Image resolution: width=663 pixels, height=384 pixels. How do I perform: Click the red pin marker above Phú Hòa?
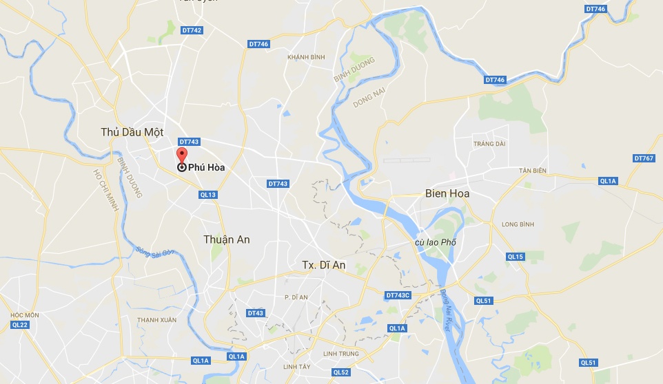(x=182, y=154)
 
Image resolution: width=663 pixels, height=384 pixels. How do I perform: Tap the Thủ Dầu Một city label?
(x=132, y=132)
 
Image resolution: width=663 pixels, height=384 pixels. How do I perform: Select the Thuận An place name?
(x=227, y=239)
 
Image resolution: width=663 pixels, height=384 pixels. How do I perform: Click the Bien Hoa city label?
(x=447, y=193)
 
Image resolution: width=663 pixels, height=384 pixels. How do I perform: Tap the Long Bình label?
(x=518, y=224)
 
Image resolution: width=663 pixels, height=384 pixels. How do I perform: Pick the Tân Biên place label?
(x=533, y=170)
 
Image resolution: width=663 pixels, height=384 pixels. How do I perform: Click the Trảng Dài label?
(x=489, y=143)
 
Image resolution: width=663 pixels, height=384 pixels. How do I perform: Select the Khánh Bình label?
(x=306, y=56)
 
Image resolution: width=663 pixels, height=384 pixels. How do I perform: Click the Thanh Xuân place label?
(x=156, y=320)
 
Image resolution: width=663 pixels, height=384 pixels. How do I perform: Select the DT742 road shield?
(x=192, y=30)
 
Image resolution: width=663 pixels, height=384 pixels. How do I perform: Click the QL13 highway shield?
(x=208, y=195)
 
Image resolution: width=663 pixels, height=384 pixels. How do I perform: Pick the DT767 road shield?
(x=643, y=158)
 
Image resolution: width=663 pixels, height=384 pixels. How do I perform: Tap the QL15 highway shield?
(x=516, y=257)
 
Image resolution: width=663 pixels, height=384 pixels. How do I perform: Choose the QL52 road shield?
(x=341, y=372)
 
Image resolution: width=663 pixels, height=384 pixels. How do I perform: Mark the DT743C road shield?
(x=398, y=295)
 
